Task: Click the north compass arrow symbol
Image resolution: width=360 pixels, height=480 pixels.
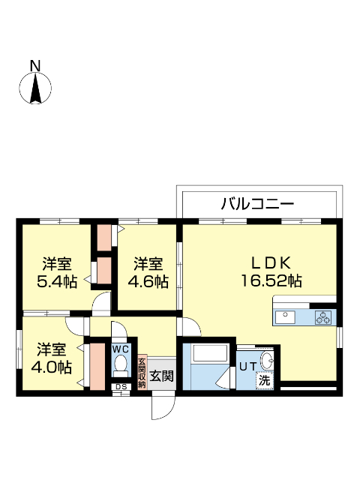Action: pyautogui.click(x=35, y=88)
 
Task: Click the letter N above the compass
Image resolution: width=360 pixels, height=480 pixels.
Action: pyautogui.click(x=34, y=66)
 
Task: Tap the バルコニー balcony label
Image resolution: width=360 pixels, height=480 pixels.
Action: pyautogui.click(x=257, y=203)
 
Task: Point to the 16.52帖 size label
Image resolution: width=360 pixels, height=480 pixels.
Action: pyautogui.click(x=271, y=281)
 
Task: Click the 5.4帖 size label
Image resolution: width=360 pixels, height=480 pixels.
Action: pyautogui.click(x=57, y=282)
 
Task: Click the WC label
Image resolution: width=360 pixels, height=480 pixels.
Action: pyautogui.click(x=121, y=349)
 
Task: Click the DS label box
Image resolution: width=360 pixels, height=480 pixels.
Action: pyautogui.click(x=120, y=387)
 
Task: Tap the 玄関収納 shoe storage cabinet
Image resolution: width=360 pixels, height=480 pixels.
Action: pyautogui.click(x=141, y=370)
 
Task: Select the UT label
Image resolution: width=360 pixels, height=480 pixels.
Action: pyautogui.click(x=248, y=367)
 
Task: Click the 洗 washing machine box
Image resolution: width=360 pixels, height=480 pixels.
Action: pyautogui.click(x=265, y=380)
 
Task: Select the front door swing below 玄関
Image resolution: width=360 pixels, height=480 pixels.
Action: pyautogui.click(x=163, y=406)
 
